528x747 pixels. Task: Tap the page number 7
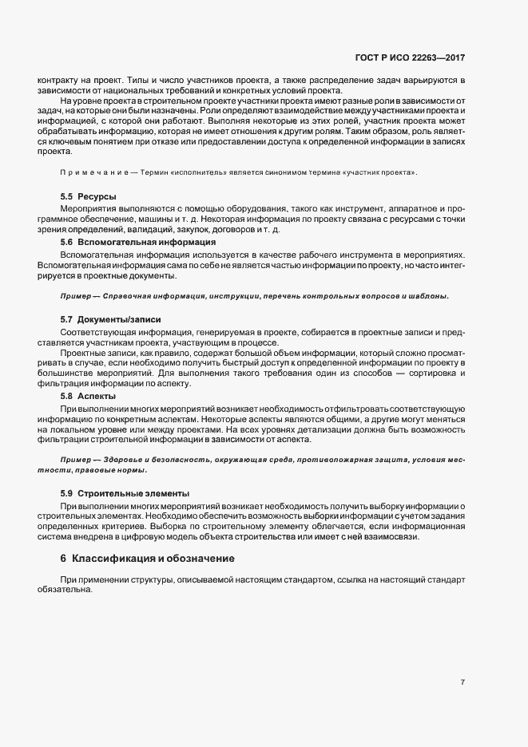tap(462, 682)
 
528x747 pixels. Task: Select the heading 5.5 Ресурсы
tap(89, 196)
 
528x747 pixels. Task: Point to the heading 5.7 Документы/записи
tap(110, 319)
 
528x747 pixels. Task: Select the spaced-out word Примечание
tap(93, 173)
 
